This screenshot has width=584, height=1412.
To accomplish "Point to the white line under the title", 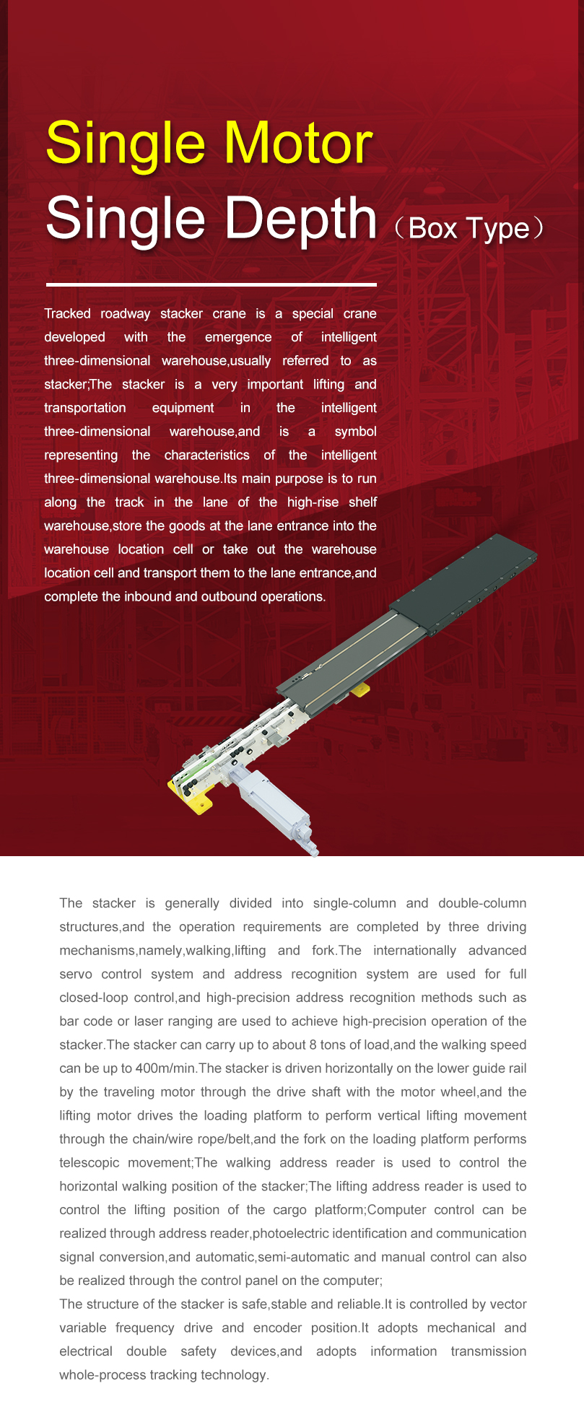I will (211, 285).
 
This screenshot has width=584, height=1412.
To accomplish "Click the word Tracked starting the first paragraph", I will (67, 313).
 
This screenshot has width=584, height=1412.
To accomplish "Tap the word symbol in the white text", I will (355, 432).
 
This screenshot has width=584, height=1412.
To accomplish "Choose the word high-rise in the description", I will (313, 502).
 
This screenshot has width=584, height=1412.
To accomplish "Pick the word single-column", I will (354, 903).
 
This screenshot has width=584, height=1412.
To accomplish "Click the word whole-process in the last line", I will (103, 1375).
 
